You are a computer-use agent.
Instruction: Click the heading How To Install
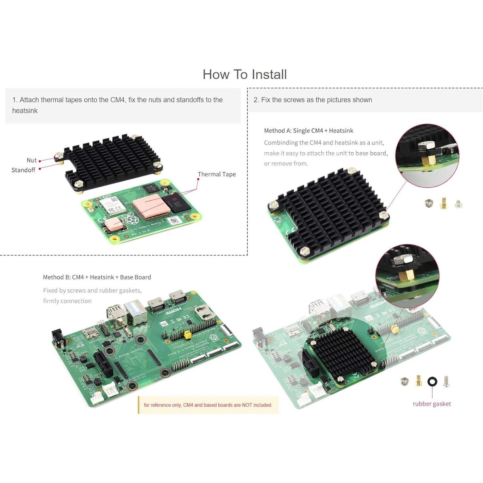(244, 74)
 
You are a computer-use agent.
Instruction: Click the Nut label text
(32, 160)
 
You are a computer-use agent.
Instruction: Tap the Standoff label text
(23, 170)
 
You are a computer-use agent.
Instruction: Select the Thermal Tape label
(217, 174)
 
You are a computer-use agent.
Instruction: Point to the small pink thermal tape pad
(114, 223)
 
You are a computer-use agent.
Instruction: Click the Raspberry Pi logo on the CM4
(130, 219)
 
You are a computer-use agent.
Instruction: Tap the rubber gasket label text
(431, 404)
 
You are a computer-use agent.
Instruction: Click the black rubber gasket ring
(432, 382)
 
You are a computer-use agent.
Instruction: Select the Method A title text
(308, 131)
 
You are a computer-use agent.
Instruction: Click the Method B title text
(97, 277)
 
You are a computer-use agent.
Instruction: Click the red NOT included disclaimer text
(208, 405)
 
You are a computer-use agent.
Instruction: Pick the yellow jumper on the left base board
(187, 335)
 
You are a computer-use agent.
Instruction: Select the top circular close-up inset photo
(427, 156)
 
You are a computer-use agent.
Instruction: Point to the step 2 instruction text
(313, 100)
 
